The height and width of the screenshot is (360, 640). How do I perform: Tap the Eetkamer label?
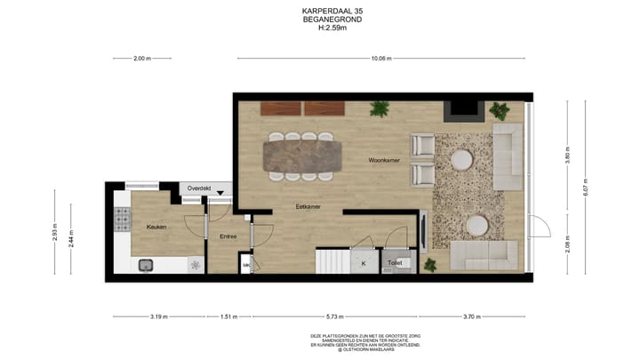(x=308, y=206)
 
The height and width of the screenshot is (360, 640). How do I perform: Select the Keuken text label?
(x=156, y=228)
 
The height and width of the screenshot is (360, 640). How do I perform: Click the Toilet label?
(x=395, y=264)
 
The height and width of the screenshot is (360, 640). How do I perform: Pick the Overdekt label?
(x=200, y=188)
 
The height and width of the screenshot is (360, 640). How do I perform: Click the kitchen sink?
(x=146, y=264)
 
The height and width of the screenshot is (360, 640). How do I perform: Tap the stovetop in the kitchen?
(x=121, y=218)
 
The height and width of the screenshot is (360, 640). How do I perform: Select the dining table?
(x=301, y=155)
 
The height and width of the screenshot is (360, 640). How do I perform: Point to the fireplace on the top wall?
(x=464, y=111)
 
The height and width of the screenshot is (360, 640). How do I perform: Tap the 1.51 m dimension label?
(x=228, y=316)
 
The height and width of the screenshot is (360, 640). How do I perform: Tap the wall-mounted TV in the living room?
(x=423, y=229)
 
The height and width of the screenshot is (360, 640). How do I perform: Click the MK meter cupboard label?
(x=246, y=265)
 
